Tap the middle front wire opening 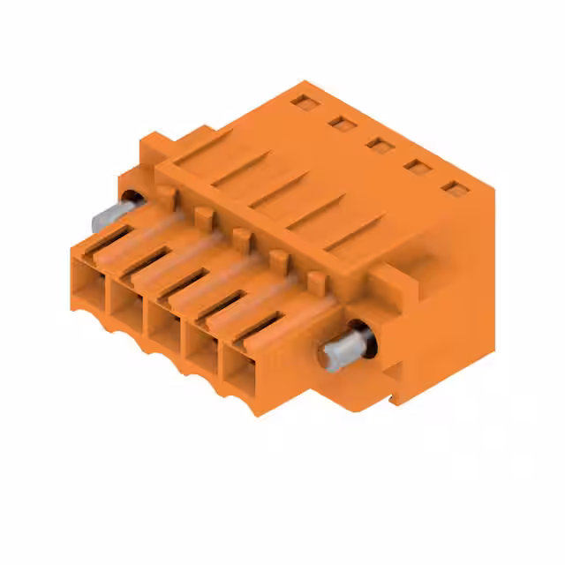tap(165, 328)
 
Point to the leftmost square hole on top tap(304, 103)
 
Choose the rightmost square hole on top tap(454, 188)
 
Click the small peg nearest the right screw tap(315, 282)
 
